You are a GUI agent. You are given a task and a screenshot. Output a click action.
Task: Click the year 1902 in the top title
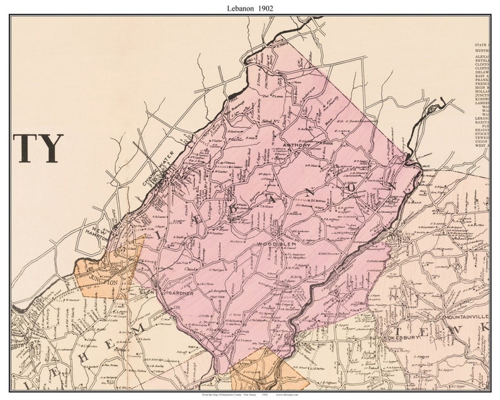click(x=264, y=8)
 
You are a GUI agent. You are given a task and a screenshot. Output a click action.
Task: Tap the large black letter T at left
click(x=28, y=149)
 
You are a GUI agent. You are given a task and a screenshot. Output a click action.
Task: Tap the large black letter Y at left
click(x=52, y=149)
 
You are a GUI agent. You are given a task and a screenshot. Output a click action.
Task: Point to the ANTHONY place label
click(x=297, y=146)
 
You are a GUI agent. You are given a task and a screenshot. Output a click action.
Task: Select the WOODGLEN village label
click(x=271, y=243)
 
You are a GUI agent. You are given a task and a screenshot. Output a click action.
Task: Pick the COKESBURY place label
click(x=401, y=338)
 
